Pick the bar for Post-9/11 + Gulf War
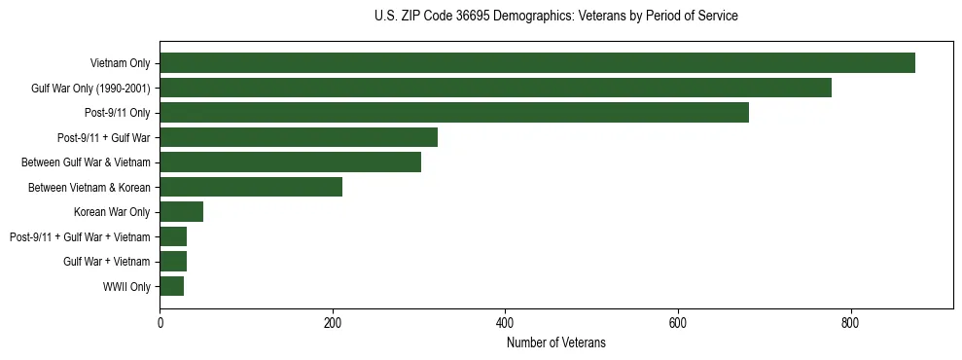(x=299, y=137)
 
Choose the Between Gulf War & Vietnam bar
(x=290, y=162)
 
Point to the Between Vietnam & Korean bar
(x=251, y=187)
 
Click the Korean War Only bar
(x=181, y=212)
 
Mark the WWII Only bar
(x=171, y=286)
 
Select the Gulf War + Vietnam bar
(x=173, y=262)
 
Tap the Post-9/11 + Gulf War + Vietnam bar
(x=173, y=236)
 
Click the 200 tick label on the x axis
(x=333, y=323)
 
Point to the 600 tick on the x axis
(x=678, y=323)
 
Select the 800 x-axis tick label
(x=850, y=323)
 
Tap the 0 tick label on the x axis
(x=160, y=323)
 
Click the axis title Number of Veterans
(x=555, y=342)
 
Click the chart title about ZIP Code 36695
(x=555, y=17)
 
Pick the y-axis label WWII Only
(x=126, y=286)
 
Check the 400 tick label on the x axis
(x=505, y=323)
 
